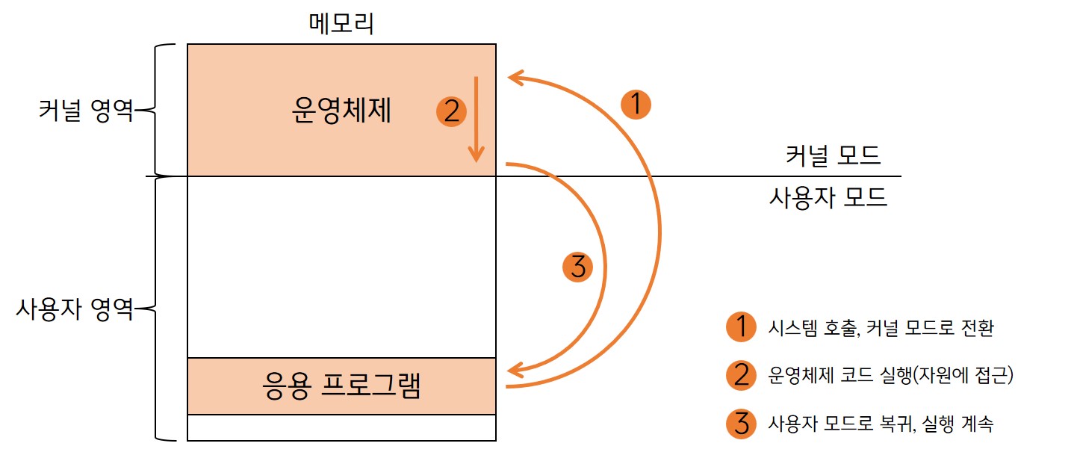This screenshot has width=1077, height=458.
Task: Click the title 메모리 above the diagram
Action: tap(341, 24)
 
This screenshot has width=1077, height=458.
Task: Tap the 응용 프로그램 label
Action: tap(343, 386)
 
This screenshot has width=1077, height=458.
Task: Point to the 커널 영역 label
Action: tap(86, 112)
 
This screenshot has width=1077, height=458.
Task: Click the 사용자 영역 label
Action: tap(75, 308)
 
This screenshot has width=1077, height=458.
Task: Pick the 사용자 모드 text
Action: tap(828, 197)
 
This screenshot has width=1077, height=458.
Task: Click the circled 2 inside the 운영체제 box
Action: tap(451, 112)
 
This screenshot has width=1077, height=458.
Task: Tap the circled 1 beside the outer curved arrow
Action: tap(636, 105)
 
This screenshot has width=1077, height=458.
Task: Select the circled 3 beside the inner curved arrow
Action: tap(577, 267)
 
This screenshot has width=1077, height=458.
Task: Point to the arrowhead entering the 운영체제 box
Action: tap(514, 75)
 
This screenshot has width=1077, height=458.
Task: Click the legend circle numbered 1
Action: tap(741, 327)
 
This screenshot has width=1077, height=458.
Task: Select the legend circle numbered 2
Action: tap(741, 376)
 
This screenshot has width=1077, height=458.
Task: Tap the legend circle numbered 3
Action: tap(741, 424)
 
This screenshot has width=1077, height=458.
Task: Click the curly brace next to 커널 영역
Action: tap(152, 111)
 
